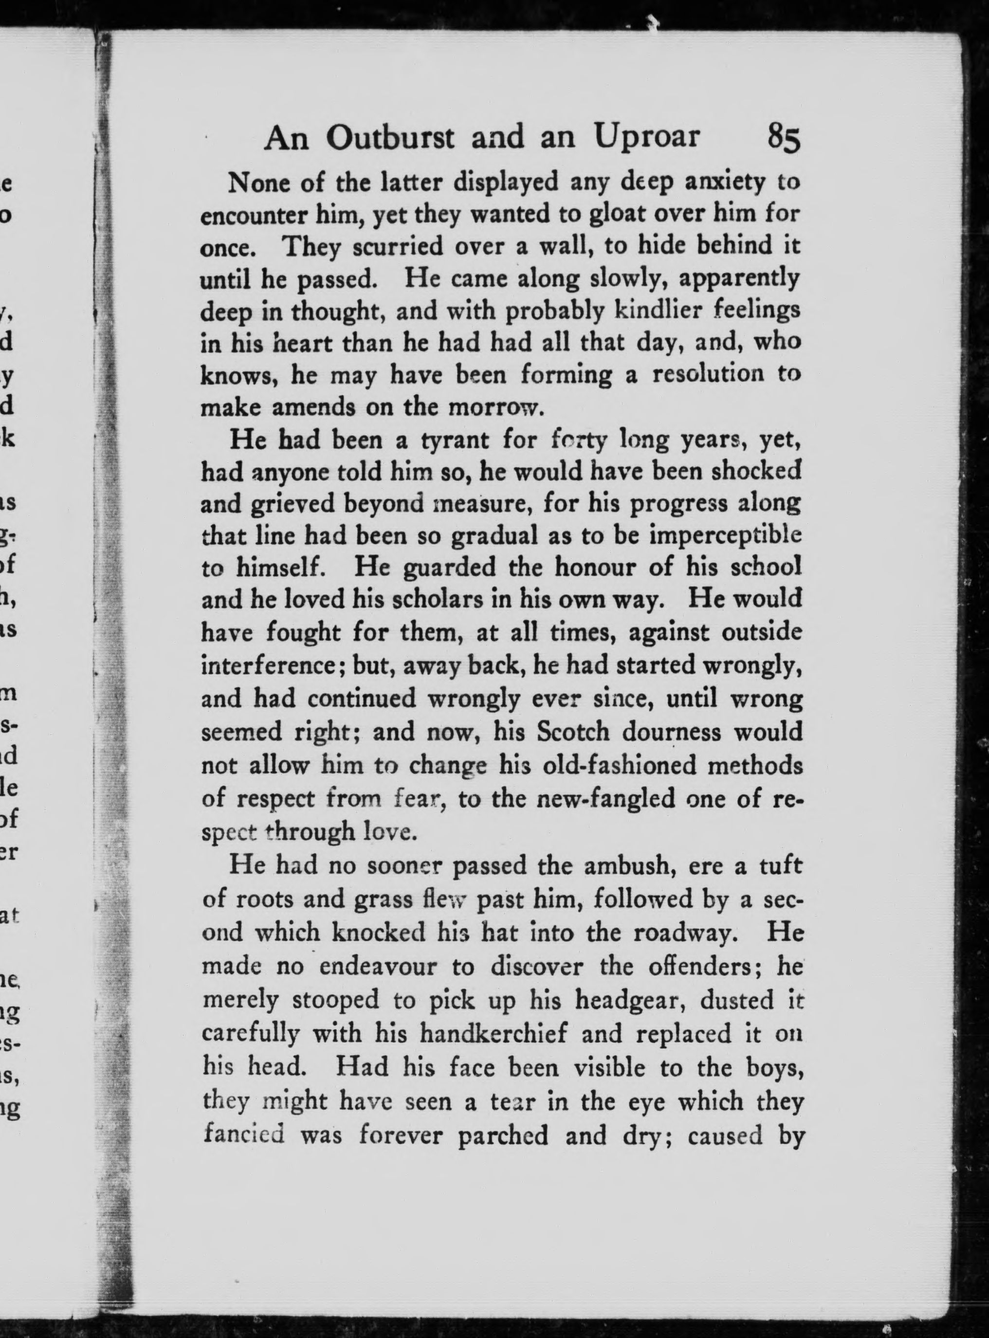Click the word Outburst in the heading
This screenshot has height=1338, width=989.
[391, 138]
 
